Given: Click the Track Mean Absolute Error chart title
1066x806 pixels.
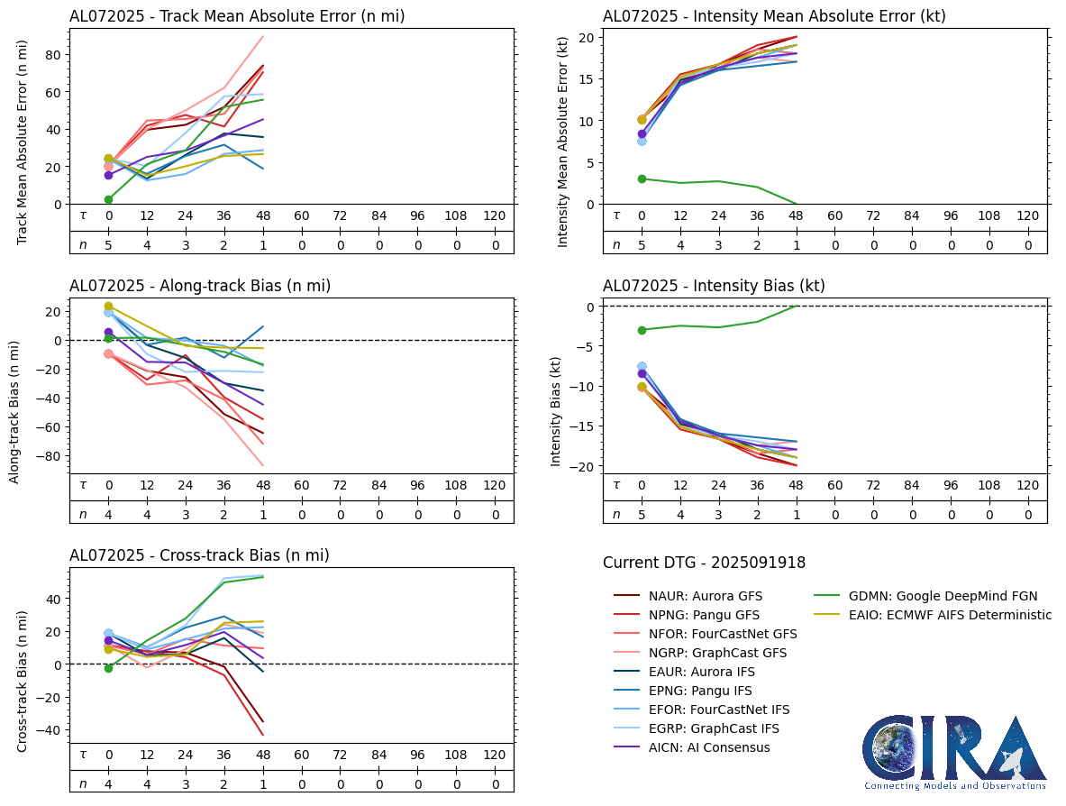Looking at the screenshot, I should point(237,16).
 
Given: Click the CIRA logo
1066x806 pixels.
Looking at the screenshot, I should point(954,752).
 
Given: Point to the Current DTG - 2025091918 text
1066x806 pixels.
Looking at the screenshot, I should point(704,563).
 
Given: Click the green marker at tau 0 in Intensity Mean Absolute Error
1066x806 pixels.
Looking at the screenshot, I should point(642,179).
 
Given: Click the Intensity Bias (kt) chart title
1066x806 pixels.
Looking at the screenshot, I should point(714,286).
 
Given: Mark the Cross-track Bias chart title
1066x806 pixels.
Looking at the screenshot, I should point(199,555).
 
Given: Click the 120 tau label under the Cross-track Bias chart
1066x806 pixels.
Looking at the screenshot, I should point(494,755).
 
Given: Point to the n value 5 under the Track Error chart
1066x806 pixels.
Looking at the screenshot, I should point(108,244).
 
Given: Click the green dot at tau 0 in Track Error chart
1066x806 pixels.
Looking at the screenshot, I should point(108,199).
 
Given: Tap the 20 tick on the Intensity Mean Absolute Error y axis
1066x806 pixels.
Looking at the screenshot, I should point(588,37).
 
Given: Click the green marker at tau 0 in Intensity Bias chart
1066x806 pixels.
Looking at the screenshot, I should point(642,330).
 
